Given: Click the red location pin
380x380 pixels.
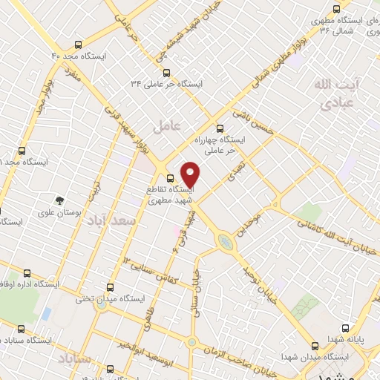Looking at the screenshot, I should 191,174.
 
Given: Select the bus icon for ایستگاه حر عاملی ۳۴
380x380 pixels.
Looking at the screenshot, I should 166,73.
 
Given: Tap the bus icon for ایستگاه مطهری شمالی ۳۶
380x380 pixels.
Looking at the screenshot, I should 336,10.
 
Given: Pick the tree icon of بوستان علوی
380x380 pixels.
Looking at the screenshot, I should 59,200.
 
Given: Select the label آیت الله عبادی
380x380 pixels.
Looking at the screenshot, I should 333,92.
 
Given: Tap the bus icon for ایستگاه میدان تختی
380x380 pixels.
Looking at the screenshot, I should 111,286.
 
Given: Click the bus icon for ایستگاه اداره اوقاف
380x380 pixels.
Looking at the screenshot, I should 27,273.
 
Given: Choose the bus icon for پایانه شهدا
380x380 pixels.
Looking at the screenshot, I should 344,327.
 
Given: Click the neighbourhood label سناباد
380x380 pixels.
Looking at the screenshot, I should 73,359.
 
